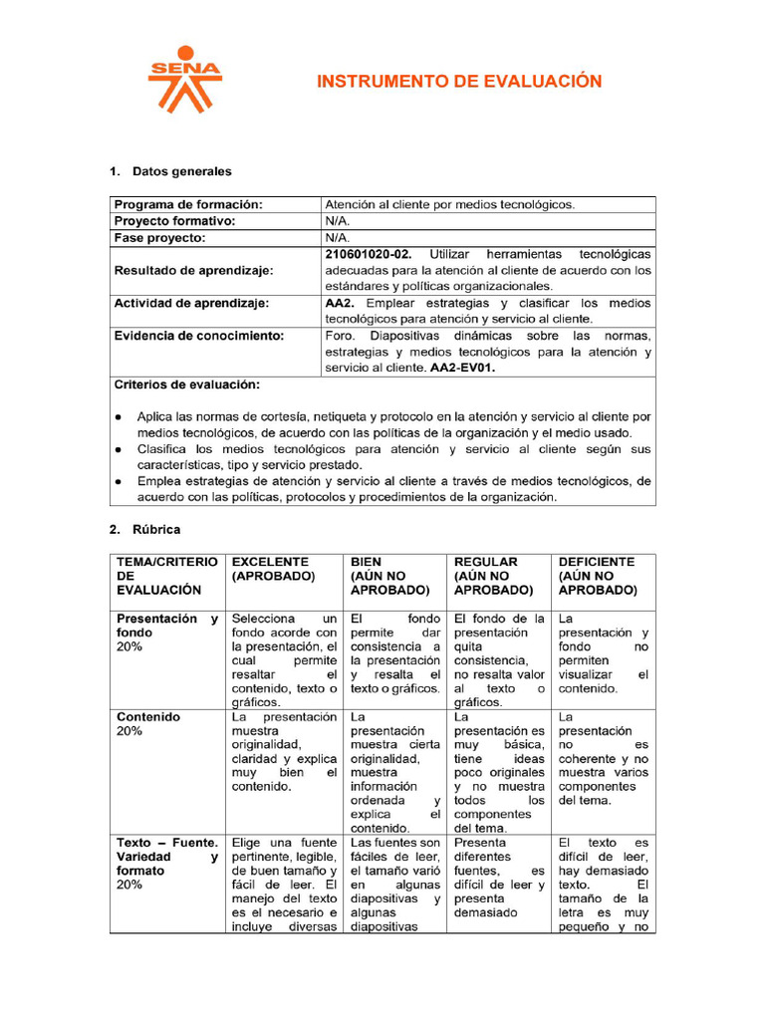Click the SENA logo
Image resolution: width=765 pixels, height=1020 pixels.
click(184, 80)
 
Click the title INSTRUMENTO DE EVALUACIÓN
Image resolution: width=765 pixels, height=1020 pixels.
click(459, 82)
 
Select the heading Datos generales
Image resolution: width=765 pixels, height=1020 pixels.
click(181, 171)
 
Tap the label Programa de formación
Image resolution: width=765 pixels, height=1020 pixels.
click(188, 204)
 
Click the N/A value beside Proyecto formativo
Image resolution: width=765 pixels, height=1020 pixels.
click(337, 221)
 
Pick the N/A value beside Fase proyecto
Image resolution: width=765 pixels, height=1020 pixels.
click(337, 238)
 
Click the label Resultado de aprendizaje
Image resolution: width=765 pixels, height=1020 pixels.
click(193, 270)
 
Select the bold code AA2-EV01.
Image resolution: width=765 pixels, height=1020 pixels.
click(462, 368)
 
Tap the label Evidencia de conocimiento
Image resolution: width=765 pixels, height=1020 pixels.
click(199, 336)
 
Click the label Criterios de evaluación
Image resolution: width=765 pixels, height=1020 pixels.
click(187, 384)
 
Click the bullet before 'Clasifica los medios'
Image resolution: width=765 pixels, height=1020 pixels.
click(120, 449)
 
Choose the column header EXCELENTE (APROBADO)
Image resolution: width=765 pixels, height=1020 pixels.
click(273, 569)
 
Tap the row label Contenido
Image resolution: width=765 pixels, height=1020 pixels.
click(148, 716)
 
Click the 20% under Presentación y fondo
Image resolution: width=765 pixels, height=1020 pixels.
click(129, 646)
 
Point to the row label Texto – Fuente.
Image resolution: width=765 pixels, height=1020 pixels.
click(166, 842)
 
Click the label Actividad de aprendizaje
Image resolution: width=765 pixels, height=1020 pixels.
click(191, 303)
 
